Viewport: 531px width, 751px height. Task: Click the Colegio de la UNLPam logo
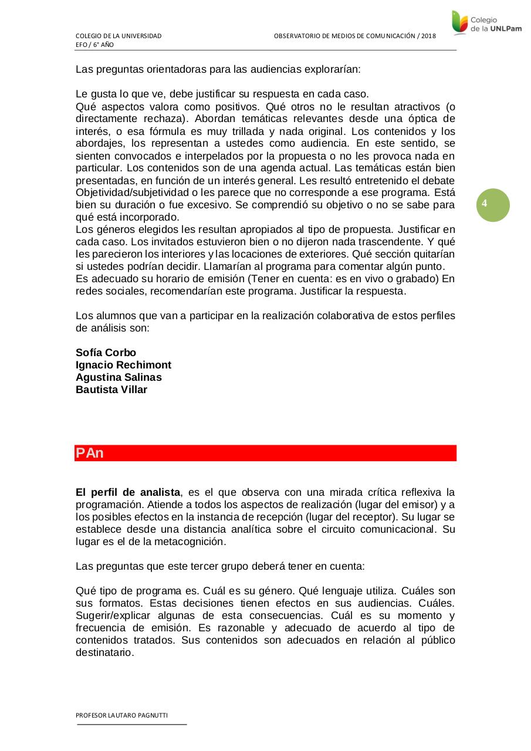476,22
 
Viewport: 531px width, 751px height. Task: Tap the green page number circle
493,205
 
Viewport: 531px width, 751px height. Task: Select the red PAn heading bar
265,453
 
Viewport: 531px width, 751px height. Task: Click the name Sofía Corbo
106,353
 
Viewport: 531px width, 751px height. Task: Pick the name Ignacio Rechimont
123,365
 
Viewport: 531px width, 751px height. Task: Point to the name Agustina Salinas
119,377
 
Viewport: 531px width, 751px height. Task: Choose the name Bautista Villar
111,390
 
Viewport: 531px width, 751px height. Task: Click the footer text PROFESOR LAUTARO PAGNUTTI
121,715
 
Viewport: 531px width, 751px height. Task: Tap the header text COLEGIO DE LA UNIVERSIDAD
119,36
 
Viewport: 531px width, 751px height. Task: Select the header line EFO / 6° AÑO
94,45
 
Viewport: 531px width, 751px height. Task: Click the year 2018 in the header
428,36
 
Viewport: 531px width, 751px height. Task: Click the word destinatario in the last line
105,652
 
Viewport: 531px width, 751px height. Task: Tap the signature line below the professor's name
132,725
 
